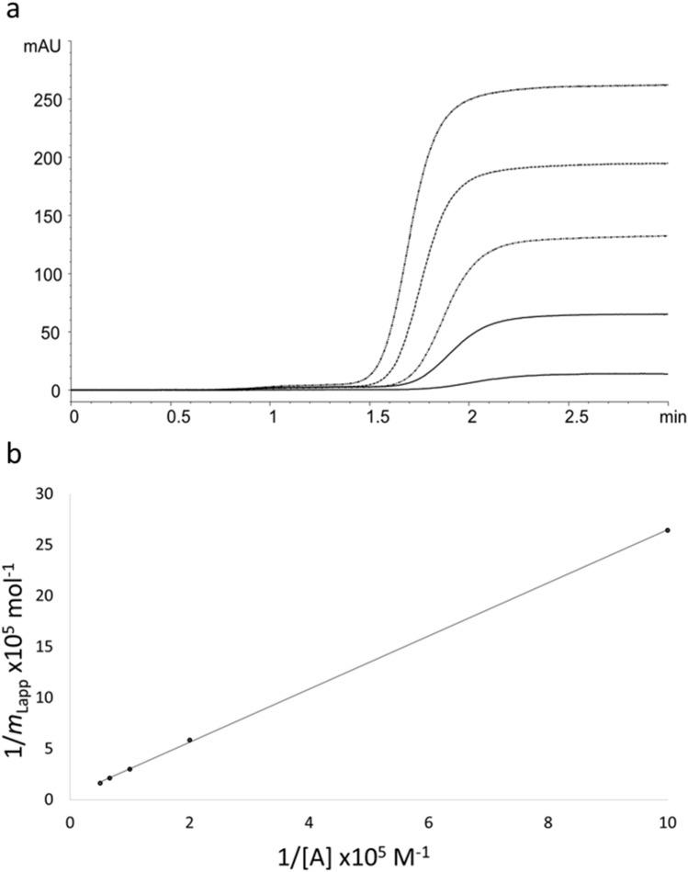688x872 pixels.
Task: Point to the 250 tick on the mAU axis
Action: (44, 99)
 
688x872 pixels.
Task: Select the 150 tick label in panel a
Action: (44, 215)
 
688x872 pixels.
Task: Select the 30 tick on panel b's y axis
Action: (44, 493)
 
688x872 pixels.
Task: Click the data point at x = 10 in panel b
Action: (668, 530)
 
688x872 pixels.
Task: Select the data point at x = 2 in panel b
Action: (189, 740)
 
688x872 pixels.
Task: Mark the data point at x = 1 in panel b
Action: (130, 769)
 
